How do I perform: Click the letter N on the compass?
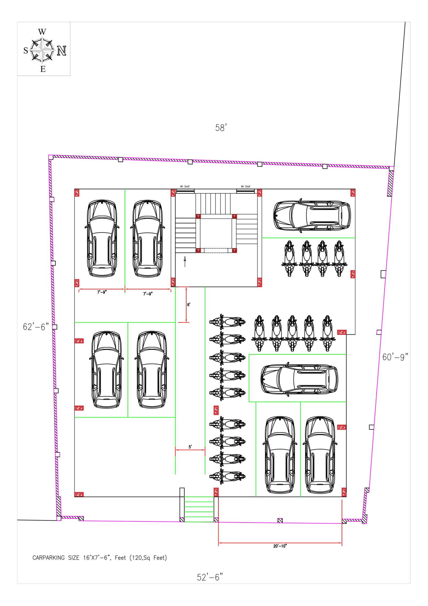62,51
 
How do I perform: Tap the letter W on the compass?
42,32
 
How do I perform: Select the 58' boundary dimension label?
221,128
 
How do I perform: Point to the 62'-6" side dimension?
36,327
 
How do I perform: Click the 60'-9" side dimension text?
395,357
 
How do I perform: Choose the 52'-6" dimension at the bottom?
210,577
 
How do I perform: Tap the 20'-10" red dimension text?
280,546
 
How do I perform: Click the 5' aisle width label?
190,447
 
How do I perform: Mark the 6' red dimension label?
189,305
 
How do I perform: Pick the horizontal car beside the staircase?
312,215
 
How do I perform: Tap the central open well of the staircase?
216,233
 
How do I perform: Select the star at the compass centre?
42,50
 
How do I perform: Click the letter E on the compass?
43,69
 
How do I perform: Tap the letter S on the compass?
26,50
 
